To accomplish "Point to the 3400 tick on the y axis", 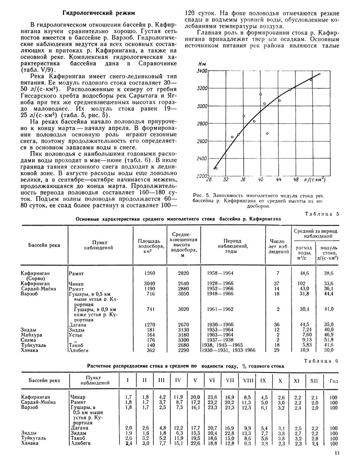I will click(x=201, y=71).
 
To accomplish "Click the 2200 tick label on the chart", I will click(x=201, y=176).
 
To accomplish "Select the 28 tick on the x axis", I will click(x=209, y=179).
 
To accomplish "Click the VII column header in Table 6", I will click(x=229, y=381).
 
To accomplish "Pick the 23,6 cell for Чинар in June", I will click(x=211, y=397).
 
